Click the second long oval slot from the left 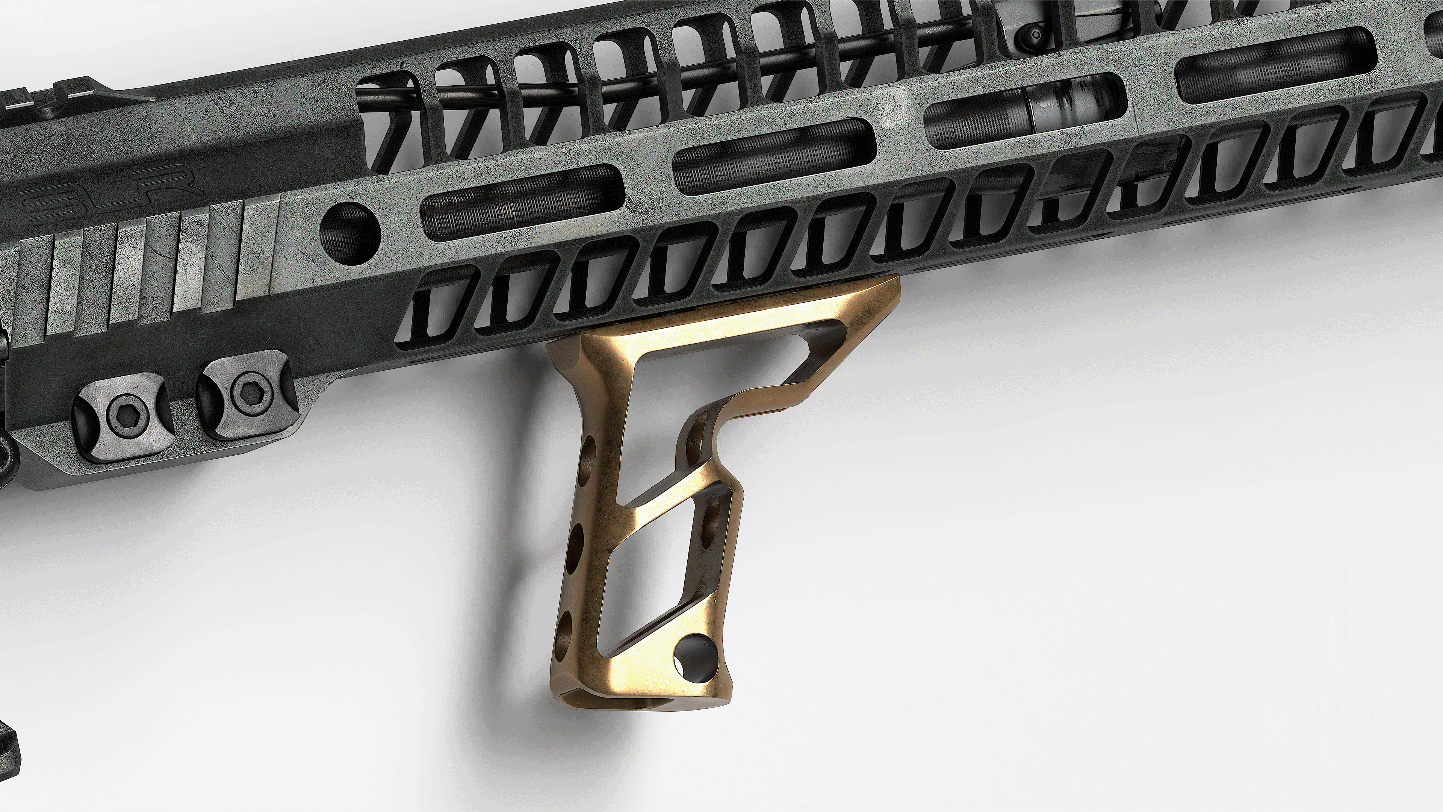coord(773,156)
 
